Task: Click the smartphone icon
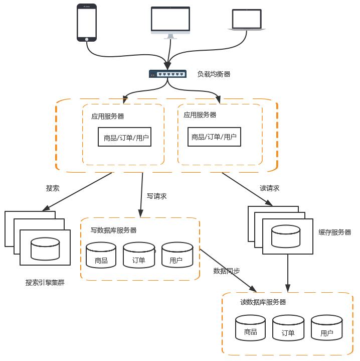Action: pyautogui.click(x=87, y=23)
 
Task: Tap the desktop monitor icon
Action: pyautogui.click(x=170, y=23)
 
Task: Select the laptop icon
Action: pyautogui.click(x=247, y=20)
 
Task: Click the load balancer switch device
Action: pyautogui.click(x=167, y=74)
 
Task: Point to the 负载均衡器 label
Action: pyautogui.click(x=214, y=74)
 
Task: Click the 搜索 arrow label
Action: pyautogui.click(x=53, y=188)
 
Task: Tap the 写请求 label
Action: pyautogui.click(x=156, y=196)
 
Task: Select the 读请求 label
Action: pyautogui.click(x=269, y=188)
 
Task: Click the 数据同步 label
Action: pyautogui.click(x=227, y=271)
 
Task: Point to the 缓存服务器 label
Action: pyautogui.click(x=335, y=232)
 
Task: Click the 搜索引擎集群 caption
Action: pyautogui.click(x=45, y=283)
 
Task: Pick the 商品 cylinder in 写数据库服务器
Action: pyautogui.click(x=101, y=255)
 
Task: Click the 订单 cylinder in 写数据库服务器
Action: pyautogui.click(x=139, y=255)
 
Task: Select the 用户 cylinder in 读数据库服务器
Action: pyautogui.click(x=327, y=328)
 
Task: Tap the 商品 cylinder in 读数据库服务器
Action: pyautogui.click(x=250, y=328)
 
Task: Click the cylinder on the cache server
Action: pyautogui.click(x=286, y=236)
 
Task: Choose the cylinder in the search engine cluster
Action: pyautogui.click(x=45, y=249)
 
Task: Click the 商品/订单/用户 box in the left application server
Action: pyautogui.click(x=125, y=137)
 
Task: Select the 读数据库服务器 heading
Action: pyautogui.click(x=263, y=302)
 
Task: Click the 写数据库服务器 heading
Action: pyautogui.click(x=113, y=230)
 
